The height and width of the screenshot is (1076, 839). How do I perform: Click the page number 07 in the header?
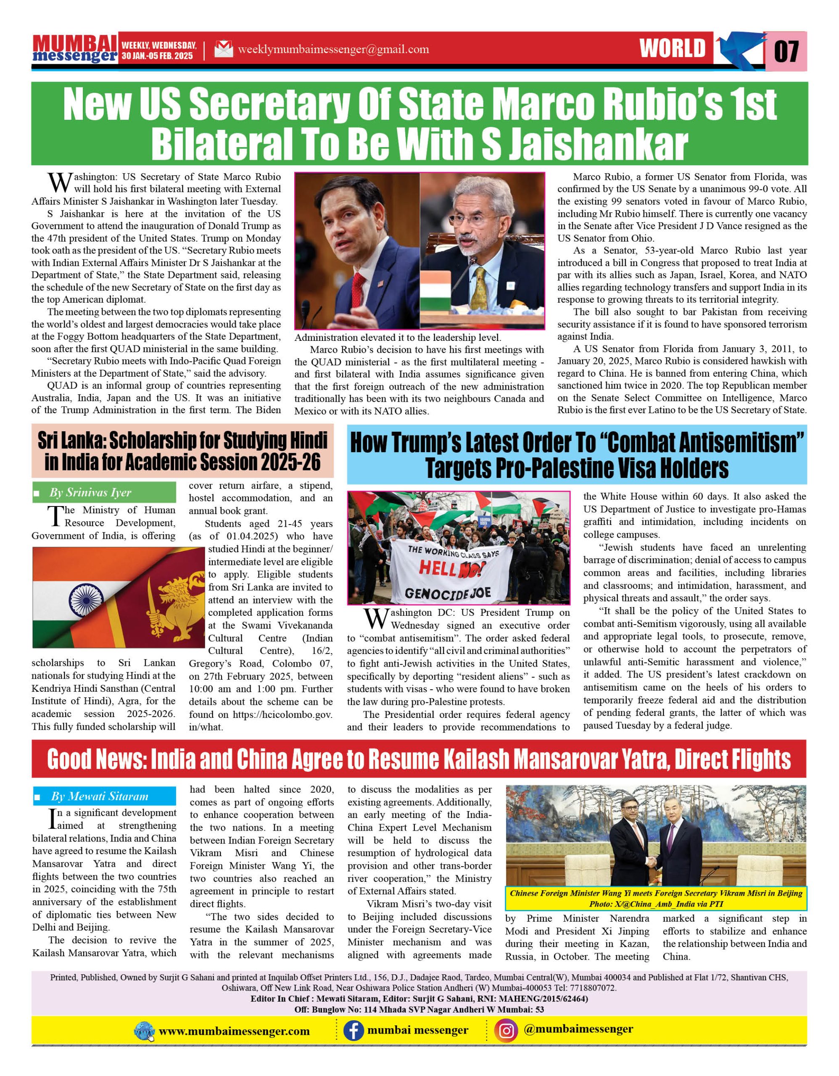pos(786,51)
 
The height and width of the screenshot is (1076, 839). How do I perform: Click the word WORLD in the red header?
pos(673,48)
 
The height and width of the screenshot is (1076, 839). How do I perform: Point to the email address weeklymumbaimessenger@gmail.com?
pos(333,49)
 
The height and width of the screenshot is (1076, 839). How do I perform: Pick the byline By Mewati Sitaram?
pos(100,796)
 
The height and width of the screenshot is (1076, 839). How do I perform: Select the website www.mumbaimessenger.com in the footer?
pos(234,1031)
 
